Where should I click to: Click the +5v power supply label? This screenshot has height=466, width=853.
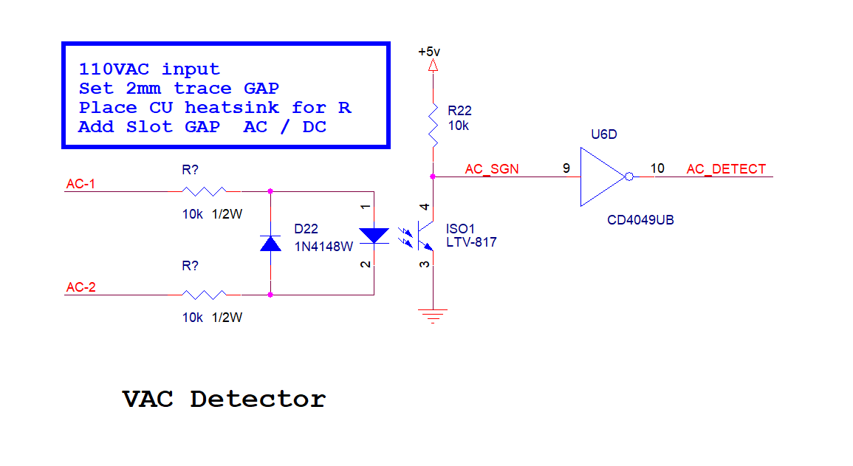tap(428, 52)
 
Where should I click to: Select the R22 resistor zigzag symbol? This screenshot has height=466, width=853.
tap(433, 126)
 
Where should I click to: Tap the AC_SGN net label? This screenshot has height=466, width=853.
tap(492, 169)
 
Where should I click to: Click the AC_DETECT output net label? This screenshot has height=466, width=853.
tap(726, 169)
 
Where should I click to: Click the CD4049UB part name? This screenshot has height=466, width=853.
tap(640, 220)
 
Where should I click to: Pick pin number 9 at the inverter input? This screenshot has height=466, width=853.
tap(566, 168)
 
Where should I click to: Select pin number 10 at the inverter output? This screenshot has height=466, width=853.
tap(657, 168)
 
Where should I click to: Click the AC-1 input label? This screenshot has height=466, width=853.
tap(80, 184)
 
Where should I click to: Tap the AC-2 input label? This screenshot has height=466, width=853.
tap(80, 287)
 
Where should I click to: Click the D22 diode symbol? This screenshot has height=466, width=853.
tap(270, 243)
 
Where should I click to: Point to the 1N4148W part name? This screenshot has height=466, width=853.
tap(323, 247)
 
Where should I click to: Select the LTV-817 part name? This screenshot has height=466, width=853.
tap(471, 242)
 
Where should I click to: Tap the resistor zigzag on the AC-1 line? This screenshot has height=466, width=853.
tap(204, 191)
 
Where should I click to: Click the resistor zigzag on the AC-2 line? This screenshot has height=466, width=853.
tap(204, 295)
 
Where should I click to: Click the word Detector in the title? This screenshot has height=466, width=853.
tap(258, 399)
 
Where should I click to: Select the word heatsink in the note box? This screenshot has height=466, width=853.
tap(232, 108)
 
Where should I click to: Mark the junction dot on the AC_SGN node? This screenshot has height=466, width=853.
tap(433, 177)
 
